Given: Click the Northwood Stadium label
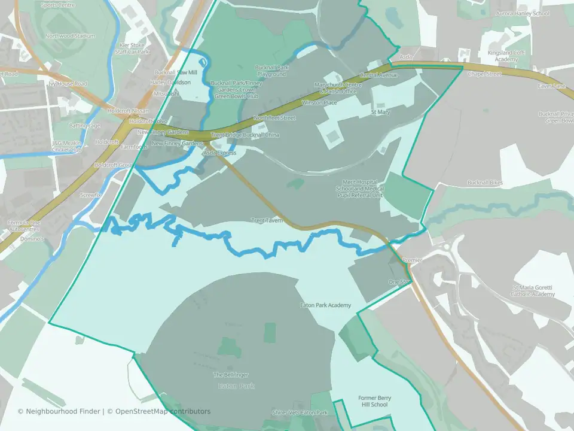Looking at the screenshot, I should (x=70, y=36).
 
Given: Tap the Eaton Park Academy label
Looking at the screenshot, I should (x=325, y=306).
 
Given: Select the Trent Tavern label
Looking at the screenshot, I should (x=267, y=220).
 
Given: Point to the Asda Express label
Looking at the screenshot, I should (x=219, y=153).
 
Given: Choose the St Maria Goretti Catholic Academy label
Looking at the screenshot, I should (x=533, y=291).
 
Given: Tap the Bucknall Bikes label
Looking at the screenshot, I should (x=485, y=183).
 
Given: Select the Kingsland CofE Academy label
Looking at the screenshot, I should (x=506, y=56).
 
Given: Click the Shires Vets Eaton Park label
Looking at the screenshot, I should (x=300, y=413).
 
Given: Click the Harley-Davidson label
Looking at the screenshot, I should (x=170, y=82).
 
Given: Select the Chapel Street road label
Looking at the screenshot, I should (x=484, y=74).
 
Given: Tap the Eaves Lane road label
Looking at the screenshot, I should (x=551, y=86).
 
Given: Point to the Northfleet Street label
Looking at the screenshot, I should (x=274, y=118).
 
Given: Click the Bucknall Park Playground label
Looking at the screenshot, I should (x=271, y=71).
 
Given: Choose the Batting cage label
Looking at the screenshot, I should (x=84, y=126).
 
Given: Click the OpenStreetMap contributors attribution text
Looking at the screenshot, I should (x=163, y=411).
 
